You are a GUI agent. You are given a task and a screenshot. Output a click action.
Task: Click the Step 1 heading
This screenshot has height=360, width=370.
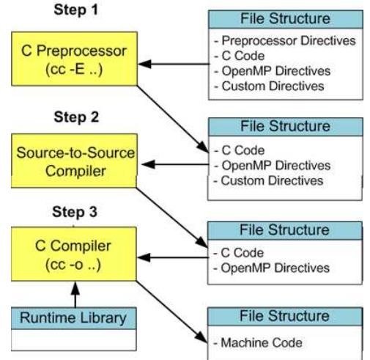point(75,10)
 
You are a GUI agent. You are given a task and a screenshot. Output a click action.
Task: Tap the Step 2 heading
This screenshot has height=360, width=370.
point(76,117)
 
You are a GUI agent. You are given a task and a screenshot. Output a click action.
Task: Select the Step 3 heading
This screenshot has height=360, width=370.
point(75,212)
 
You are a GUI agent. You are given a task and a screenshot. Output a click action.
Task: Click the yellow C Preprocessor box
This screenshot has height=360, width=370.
point(74,59)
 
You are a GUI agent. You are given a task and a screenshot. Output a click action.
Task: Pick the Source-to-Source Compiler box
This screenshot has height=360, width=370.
point(74,161)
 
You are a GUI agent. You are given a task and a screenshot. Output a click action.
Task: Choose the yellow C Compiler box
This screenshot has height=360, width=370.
point(74,254)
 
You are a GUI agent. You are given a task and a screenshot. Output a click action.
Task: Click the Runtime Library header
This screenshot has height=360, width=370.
point(74,318)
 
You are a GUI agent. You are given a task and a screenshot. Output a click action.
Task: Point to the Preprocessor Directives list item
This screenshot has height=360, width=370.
point(285,40)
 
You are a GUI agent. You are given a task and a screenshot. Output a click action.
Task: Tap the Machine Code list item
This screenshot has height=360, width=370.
point(258,342)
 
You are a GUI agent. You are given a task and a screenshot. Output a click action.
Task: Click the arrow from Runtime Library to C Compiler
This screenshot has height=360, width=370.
point(75,295)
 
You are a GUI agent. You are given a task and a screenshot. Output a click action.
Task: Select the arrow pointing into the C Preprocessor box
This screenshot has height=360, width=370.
point(174,64)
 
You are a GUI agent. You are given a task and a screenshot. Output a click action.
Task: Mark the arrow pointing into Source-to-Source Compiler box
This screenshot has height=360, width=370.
point(175,164)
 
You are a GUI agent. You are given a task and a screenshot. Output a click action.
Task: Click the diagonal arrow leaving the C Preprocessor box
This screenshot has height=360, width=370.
point(173,119)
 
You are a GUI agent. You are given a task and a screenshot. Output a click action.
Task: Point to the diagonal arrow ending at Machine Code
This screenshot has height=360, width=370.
point(172,312)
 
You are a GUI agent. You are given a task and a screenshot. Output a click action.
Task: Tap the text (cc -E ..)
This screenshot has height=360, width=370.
point(74,70)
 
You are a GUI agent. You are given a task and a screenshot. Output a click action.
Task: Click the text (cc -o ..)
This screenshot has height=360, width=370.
point(73,265)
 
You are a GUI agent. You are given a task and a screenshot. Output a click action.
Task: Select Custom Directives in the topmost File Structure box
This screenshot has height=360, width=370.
point(269,86)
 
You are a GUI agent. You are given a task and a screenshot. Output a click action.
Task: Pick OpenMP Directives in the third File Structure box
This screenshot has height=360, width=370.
point(271,268)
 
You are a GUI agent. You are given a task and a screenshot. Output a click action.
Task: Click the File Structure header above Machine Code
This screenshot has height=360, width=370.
point(285,316)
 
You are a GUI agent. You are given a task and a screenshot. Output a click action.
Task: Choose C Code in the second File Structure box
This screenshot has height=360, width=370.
point(239,150)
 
